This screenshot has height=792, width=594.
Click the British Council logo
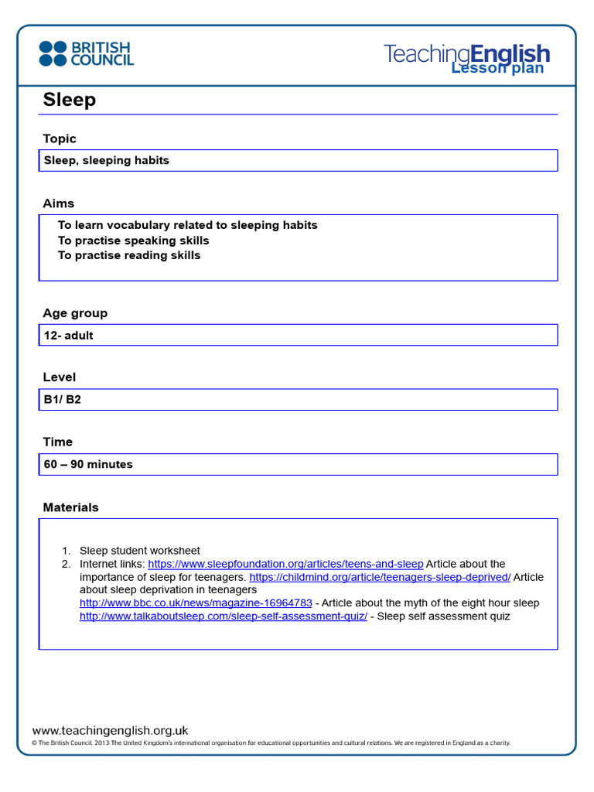coord(86,53)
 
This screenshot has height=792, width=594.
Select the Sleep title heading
coord(70,100)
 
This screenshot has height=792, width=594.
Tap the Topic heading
coord(60,139)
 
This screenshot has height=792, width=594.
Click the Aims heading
coord(59,203)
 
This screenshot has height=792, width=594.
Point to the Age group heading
coord(75,313)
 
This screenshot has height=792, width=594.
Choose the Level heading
coord(60,377)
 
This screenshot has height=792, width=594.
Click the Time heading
coord(58,442)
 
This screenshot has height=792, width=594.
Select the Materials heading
coord(70,507)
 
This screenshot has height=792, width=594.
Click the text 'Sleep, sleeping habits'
coord(107,161)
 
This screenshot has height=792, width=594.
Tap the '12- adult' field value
coord(69,336)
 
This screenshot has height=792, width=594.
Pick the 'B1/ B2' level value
coord(63,400)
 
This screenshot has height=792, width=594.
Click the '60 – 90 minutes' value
coord(88,465)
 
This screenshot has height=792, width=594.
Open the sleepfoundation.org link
coord(285,564)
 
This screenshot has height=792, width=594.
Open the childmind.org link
coord(380,577)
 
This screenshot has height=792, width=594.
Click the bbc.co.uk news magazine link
coord(196,603)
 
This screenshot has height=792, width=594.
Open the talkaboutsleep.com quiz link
coord(224,616)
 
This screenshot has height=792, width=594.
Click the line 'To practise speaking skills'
coord(133,241)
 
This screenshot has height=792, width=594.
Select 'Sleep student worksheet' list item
coord(140,551)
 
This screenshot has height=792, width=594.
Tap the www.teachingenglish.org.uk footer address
coord(110,730)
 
